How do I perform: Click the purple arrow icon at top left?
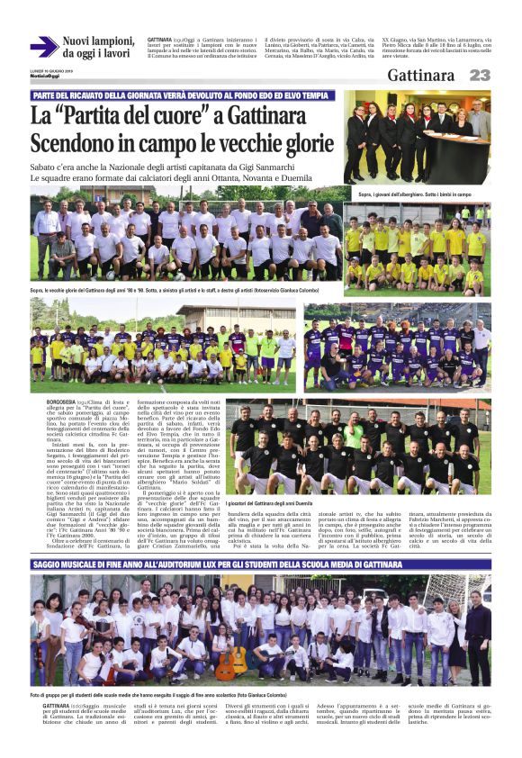(x=43, y=46)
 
